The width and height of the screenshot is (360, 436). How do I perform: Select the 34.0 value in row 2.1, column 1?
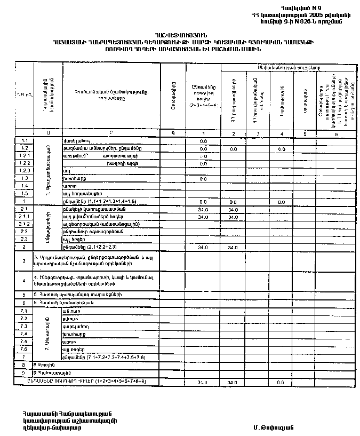coord(203,210)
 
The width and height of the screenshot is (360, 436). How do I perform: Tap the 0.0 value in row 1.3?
coord(203,179)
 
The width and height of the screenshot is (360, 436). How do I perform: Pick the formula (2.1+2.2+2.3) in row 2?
coord(106,248)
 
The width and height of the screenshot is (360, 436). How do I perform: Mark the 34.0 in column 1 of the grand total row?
coord(203,383)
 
